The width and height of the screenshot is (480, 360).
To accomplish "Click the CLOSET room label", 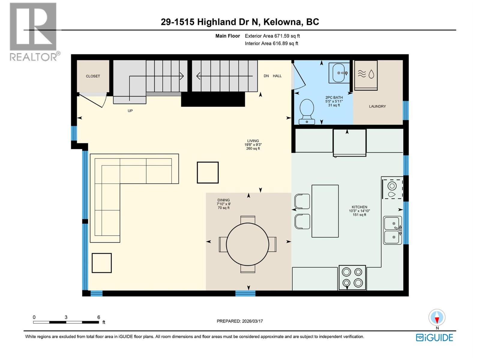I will pos(93,76).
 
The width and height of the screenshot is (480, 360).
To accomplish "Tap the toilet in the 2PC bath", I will pos(307,111).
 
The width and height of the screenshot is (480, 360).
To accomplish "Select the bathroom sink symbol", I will pos(339,73).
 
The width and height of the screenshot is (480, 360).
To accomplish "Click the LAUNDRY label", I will pos(377,106).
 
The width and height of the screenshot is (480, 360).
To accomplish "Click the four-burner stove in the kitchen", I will pos(352,277).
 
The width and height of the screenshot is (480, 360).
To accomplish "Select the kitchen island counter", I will pos(325,211).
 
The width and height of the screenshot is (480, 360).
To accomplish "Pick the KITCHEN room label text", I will pos(359,207).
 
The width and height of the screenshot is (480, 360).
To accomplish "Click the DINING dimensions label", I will pos(223,204).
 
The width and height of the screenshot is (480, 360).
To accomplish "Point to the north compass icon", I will pos(437,318).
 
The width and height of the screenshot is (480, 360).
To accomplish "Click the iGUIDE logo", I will pos(434,337).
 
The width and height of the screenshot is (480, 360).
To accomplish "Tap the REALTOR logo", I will pos(34,31).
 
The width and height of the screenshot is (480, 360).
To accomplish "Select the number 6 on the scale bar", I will pos(98,317).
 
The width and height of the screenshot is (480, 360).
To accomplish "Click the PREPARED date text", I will pos(240,321).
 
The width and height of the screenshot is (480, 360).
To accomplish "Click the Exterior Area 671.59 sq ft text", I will pos(272,36).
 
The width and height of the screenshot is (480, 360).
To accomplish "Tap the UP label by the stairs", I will pos(130,111).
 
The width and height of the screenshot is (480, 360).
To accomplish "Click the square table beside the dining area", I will pos(208,172).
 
